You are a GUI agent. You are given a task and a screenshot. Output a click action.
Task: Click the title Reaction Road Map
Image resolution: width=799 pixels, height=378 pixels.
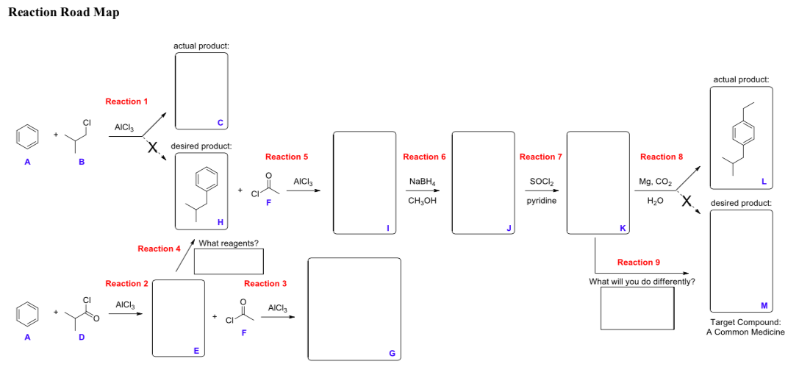[63, 13]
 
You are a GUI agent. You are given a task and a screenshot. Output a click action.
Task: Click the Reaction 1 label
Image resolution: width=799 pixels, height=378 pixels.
[126, 101]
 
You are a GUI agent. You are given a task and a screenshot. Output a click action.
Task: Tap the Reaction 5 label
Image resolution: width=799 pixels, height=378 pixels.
[287, 157]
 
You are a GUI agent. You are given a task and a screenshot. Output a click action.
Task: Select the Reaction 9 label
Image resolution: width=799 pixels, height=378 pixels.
[639, 263]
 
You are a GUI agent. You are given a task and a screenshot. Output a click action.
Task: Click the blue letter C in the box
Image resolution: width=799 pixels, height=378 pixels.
[220, 122]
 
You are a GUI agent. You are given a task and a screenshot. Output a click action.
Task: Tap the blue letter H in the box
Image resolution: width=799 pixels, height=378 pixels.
[219, 222]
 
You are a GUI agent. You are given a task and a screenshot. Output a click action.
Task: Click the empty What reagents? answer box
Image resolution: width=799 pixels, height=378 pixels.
[229, 261]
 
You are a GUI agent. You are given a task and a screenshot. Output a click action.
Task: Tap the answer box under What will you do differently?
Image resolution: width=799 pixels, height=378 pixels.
[637, 308]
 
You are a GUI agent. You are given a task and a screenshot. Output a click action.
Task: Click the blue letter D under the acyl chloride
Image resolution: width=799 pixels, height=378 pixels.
[82, 338]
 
